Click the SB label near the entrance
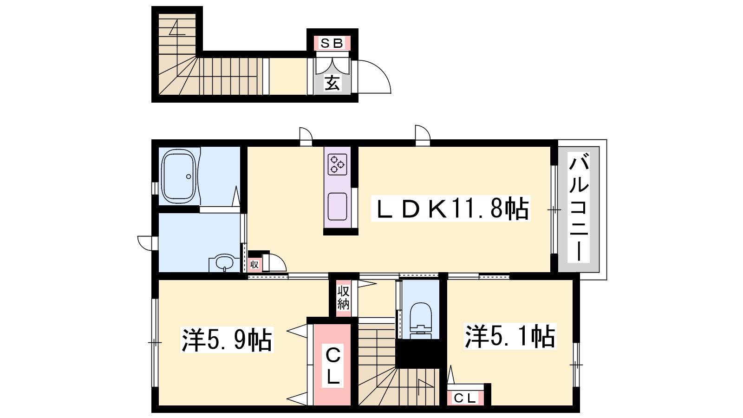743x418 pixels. click(x=332, y=44)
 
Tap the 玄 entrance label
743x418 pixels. click(x=332, y=83)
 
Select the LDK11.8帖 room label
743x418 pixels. click(x=450, y=209)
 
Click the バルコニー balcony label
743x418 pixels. click(x=579, y=207)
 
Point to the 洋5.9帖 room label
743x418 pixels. click(x=227, y=340)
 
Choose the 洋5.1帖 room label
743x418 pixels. click(x=510, y=336)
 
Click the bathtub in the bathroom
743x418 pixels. click(x=179, y=176)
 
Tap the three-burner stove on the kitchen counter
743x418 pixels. click(x=337, y=164)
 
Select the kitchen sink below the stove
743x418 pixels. click(x=337, y=206)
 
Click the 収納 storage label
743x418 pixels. click(x=343, y=298)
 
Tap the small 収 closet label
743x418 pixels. click(x=254, y=265)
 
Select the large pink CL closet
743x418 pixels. click(x=332, y=364)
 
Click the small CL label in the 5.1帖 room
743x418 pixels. click(x=465, y=398)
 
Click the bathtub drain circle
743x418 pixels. click(x=189, y=176)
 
